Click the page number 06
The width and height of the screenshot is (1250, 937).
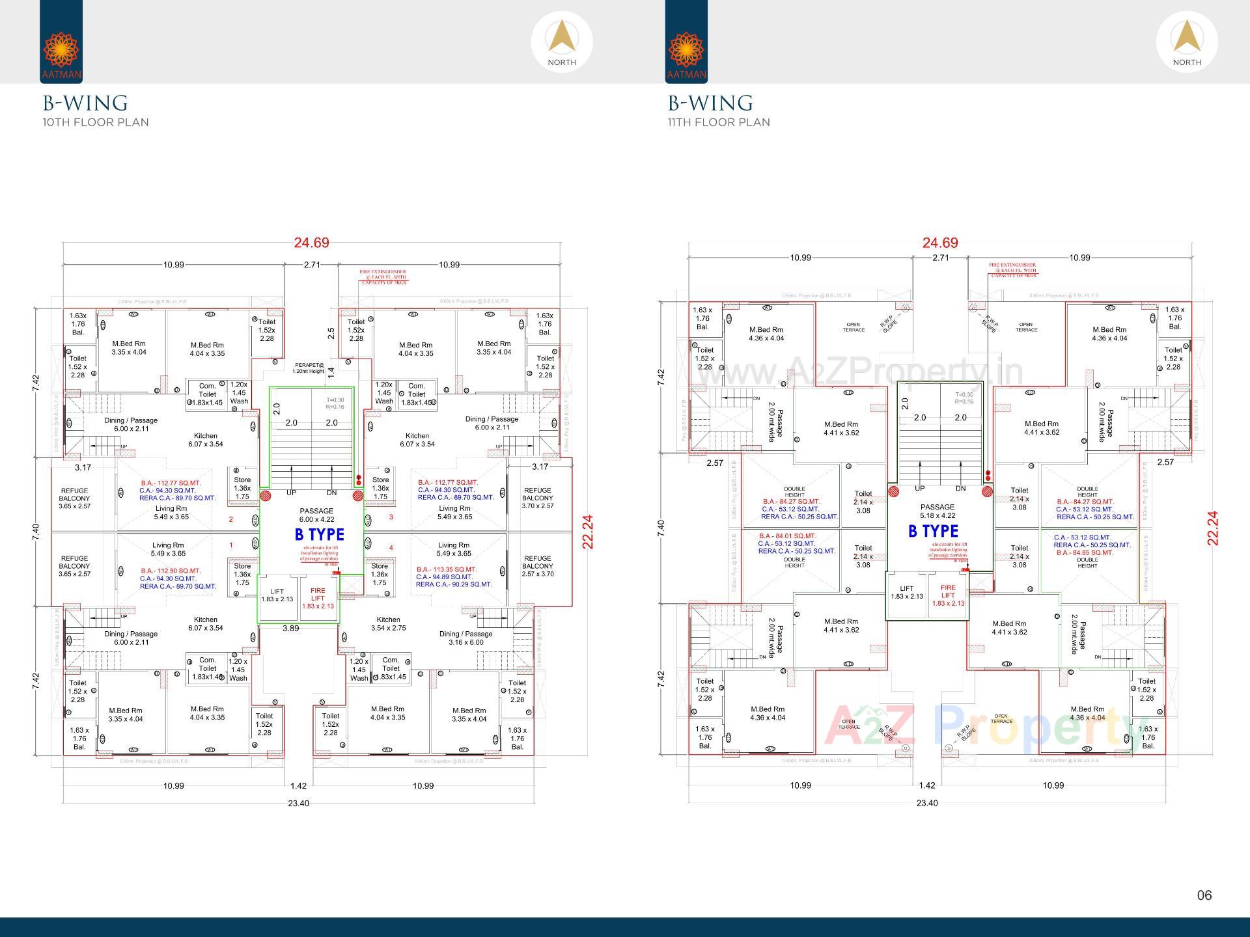(1204, 895)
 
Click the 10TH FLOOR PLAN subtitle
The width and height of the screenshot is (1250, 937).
(96, 122)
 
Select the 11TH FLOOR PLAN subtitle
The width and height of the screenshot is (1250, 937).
(718, 122)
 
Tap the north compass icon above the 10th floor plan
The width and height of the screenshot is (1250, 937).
(561, 42)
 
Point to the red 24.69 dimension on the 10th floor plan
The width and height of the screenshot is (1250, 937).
(311, 243)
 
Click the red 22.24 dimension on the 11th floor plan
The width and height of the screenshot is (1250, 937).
(1212, 528)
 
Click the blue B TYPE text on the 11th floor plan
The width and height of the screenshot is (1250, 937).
(933, 532)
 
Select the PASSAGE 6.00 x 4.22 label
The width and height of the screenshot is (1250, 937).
(316, 515)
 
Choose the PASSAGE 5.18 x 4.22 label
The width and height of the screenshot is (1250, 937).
(937, 511)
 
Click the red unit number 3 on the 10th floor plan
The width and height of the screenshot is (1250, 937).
(391, 517)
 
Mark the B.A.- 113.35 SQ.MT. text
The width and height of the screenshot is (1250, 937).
(447, 569)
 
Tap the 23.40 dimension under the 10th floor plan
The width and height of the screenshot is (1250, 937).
(298, 804)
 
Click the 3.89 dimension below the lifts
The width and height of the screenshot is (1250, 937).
(290, 629)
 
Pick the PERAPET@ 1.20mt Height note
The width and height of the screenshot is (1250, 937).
(309, 368)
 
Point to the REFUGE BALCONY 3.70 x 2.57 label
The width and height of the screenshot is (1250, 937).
(537, 498)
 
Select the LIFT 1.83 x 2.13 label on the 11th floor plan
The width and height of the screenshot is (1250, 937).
(906, 592)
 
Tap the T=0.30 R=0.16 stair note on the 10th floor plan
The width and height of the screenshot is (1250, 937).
(335, 403)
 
